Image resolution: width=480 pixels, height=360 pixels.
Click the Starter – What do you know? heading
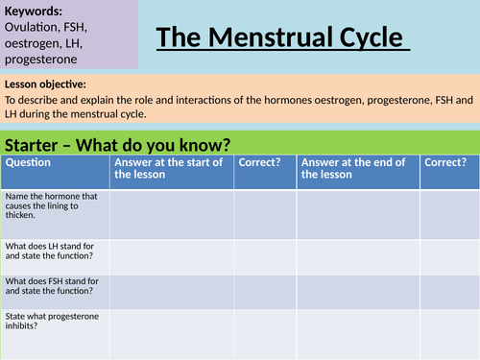coord(118,145)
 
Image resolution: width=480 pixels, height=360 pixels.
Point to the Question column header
coord(28,162)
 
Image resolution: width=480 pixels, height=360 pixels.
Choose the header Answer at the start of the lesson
coord(169,168)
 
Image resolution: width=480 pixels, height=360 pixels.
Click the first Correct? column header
coord(259,162)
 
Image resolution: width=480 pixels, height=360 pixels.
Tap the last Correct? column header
coord(445,162)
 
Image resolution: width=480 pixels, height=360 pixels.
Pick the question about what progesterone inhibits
coord(48,321)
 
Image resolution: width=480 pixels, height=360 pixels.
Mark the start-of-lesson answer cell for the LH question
coord(171,256)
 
